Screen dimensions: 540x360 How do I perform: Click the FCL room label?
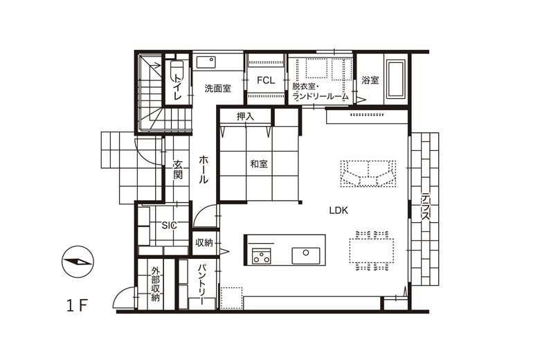click(266, 80)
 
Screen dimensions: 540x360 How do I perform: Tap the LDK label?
click(339, 210)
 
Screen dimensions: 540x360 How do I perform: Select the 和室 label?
click(259, 164)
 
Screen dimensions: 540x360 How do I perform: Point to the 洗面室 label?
click(217, 89)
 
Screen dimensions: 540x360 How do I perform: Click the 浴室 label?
click(370, 80)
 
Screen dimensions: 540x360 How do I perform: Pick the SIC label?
click(169, 225)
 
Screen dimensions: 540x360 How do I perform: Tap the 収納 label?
click(204, 243)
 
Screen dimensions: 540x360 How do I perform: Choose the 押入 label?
click(245, 116)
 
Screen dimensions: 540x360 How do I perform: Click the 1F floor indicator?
click(77, 305)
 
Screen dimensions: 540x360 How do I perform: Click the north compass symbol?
click(77, 262)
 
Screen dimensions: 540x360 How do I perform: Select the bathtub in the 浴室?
click(396, 80)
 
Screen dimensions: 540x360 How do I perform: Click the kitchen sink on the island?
click(306, 255)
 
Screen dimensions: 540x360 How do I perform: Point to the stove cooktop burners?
click(262, 256)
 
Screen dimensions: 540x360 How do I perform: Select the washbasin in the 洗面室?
click(206, 62)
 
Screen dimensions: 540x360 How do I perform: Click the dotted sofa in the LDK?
click(368, 174)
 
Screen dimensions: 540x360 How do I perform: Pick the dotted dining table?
click(372, 251)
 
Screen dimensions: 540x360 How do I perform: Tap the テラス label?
click(426, 207)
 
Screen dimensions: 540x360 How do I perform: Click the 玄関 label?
click(177, 170)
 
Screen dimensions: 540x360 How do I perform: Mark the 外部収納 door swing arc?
click(119, 293)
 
